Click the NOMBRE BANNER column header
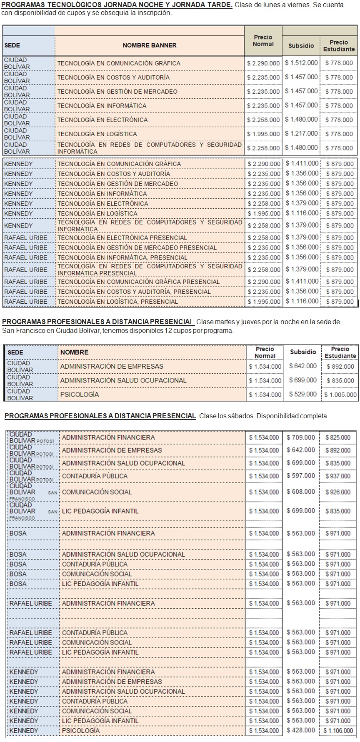click(149, 45)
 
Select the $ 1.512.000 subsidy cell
click(301, 63)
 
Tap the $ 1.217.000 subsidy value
click(301, 134)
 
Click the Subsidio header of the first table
click(301, 46)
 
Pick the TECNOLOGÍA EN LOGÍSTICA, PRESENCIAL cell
click(117, 302)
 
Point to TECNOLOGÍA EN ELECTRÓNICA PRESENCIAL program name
click(122, 238)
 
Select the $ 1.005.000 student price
click(340, 395)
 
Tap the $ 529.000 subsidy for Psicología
click(303, 394)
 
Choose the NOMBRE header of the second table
click(74, 352)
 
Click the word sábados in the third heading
click(240, 416)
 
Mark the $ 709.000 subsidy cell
click(301, 437)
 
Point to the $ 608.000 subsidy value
click(301, 492)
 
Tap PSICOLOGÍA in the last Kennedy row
click(81, 731)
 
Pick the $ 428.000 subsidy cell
click(301, 730)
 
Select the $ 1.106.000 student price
click(338, 731)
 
